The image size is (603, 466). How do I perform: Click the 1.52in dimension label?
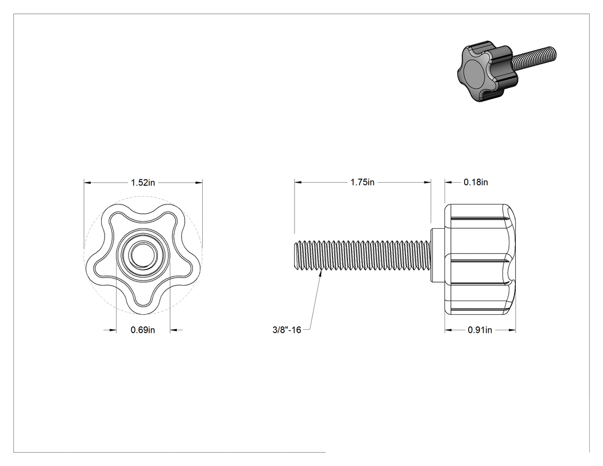pyautogui.click(x=142, y=182)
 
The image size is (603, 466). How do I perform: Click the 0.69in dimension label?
pyautogui.click(x=142, y=330)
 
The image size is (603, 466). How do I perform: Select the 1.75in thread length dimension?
pyautogui.click(x=362, y=182)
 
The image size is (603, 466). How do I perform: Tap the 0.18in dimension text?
pyautogui.click(x=476, y=182)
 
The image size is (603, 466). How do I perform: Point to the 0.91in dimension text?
pyautogui.click(x=480, y=330)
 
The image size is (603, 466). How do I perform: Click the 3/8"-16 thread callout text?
pyautogui.click(x=287, y=330)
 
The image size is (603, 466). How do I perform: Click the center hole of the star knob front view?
pyautogui.click(x=142, y=255)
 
